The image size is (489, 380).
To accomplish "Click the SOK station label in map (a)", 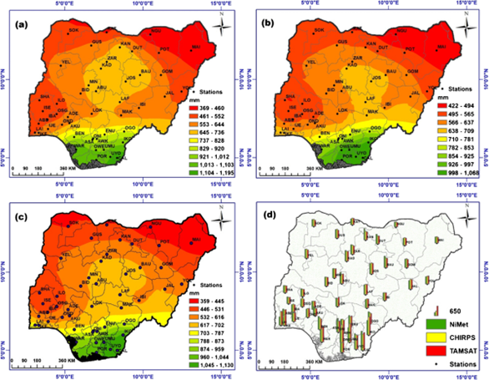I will click(x=73, y=31).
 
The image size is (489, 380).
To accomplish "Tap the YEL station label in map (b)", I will click(x=311, y=62).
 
